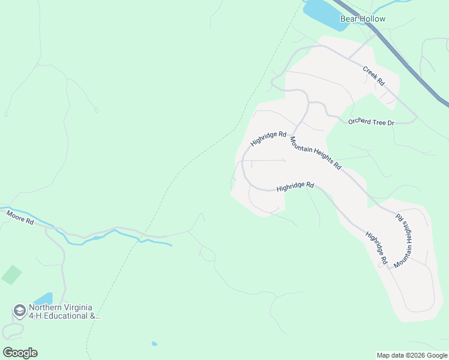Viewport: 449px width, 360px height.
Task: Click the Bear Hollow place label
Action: pyautogui.click(x=363, y=19)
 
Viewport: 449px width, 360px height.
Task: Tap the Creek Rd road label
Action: pyautogui.click(x=373, y=75)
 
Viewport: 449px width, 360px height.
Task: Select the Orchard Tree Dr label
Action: pyautogui.click(x=371, y=122)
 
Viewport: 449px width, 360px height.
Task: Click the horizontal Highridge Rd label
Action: pyautogui.click(x=295, y=187)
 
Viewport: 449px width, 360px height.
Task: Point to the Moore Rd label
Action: pyautogui.click(x=20, y=217)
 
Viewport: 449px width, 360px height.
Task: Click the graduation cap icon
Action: pyautogui.click(x=19, y=311)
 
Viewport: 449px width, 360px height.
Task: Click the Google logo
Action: pyautogui.click(x=20, y=353)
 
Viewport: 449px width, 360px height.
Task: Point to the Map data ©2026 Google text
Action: pyautogui.click(x=412, y=355)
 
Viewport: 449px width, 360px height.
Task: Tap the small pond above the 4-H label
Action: pyautogui.click(x=43, y=298)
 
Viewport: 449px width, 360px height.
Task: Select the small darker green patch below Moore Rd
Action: pyautogui.click(x=11, y=275)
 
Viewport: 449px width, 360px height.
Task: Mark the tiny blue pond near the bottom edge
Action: pyautogui.click(x=154, y=344)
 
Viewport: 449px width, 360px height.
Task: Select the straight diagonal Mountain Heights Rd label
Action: pyautogui.click(x=315, y=153)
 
